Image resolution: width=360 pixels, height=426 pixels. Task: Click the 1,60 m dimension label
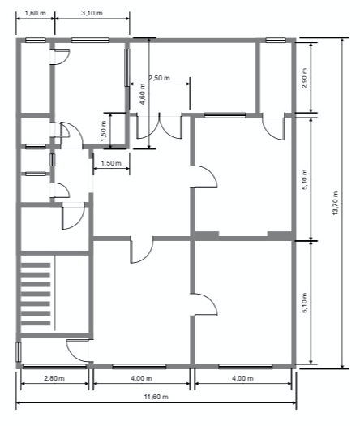(x=34, y=15)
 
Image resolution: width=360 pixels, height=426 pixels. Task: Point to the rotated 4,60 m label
(x=143, y=97)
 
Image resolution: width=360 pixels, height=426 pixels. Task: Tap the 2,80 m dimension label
(x=54, y=378)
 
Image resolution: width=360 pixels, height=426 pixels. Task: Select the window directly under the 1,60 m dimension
(x=35, y=39)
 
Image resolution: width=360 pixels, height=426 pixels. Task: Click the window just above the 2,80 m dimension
(x=53, y=365)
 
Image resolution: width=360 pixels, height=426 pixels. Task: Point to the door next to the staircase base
(x=78, y=350)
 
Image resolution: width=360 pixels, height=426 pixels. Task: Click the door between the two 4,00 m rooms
(x=204, y=304)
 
